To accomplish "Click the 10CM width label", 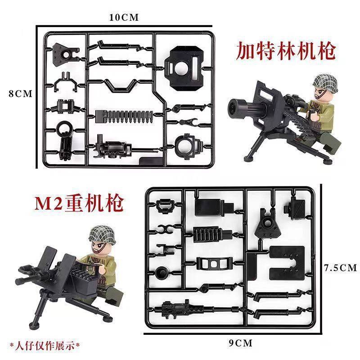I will click(x=123, y=17).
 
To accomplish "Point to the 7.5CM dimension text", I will click(x=340, y=268).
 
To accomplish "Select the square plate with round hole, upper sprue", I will click(x=184, y=65).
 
